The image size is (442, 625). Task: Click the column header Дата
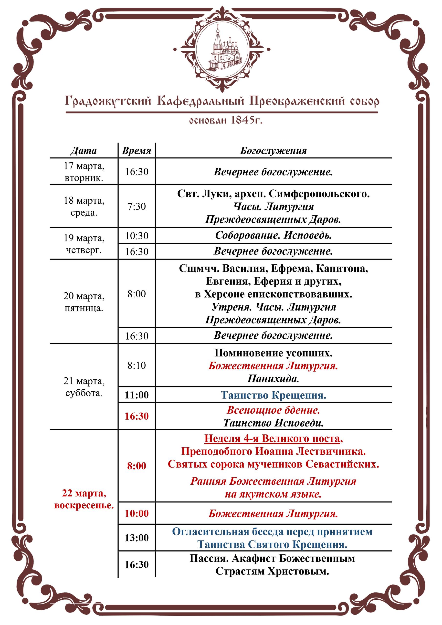(x=84, y=151)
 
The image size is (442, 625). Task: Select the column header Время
(x=137, y=151)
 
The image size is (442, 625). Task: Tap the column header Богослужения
(x=273, y=151)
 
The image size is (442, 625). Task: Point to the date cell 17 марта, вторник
(x=84, y=172)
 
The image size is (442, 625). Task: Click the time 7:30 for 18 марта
(x=137, y=206)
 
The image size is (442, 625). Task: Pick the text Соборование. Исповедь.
(x=273, y=235)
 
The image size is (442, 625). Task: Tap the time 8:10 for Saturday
(x=137, y=365)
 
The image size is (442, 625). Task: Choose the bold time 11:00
(x=137, y=395)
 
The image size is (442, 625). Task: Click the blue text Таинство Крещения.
(x=273, y=395)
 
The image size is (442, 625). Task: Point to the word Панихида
(x=273, y=379)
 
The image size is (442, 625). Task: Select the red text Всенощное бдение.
(x=273, y=410)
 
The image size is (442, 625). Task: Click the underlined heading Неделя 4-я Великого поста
(x=273, y=438)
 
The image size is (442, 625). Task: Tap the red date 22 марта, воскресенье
(x=84, y=499)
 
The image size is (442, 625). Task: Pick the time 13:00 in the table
(x=137, y=538)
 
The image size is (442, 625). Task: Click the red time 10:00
(x=137, y=513)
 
